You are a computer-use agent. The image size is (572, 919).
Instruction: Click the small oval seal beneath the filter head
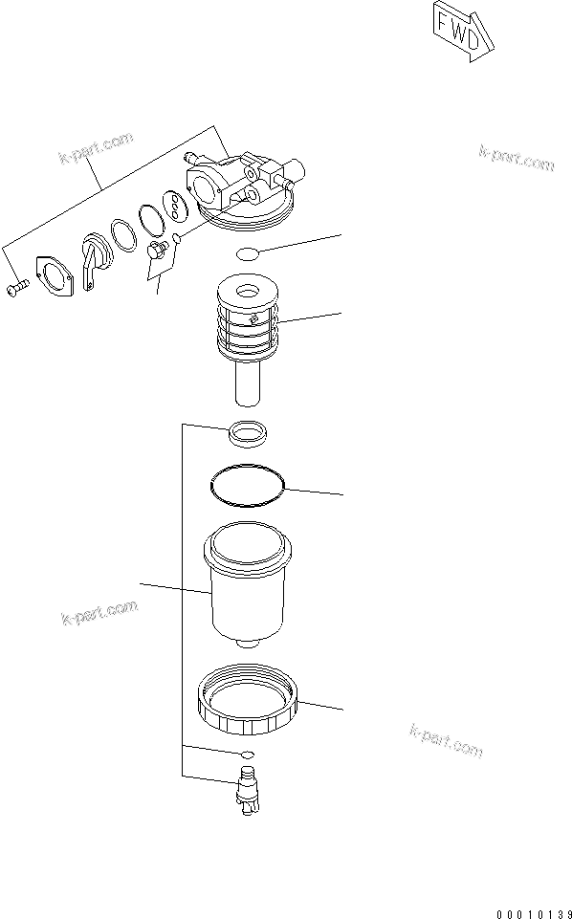click(x=247, y=253)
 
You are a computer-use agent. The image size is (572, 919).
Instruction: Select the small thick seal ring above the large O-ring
click(x=247, y=434)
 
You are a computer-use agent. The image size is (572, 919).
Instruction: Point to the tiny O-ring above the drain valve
click(x=247, y=755)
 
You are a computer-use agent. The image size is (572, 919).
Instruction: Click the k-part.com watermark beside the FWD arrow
click(x=517, y=159)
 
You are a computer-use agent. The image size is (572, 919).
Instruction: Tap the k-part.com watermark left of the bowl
click(x=99, y=611)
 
